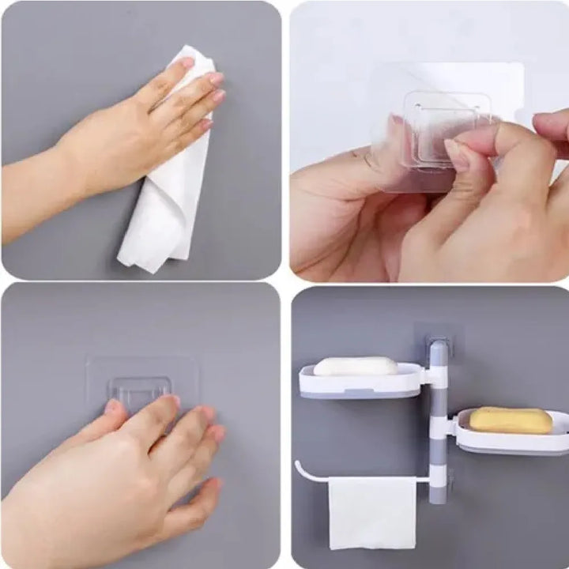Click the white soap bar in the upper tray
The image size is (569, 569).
point(356,366)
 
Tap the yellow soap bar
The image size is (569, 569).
point(511,420)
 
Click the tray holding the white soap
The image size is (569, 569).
point(360,383)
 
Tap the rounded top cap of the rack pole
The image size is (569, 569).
point(438,345)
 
